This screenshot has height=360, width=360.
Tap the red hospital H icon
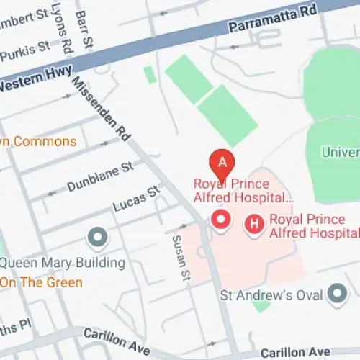[x=253, y=225]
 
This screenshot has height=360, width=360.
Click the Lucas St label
[x=136, y=201]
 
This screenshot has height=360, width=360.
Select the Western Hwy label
[x=27, y=84]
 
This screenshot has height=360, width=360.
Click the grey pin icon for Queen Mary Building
[x=96, y=236]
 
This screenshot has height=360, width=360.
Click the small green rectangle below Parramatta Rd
[x=149, y=74]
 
